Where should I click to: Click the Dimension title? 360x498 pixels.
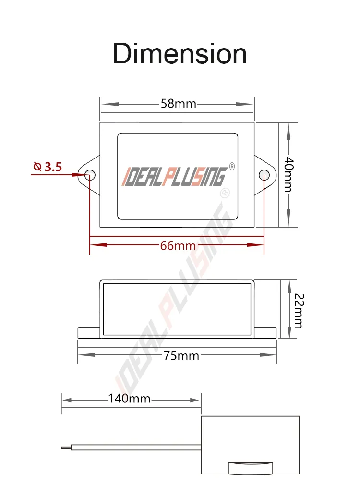click(180, 54)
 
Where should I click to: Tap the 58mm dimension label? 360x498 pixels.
click(178, 104)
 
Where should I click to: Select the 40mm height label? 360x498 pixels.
click(288, 174)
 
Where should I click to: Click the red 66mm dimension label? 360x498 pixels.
click(178, 245)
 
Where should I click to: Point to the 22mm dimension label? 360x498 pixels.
click(298, 310)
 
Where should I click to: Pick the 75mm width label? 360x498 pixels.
click(180, 355)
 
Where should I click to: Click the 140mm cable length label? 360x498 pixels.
click(129, 399)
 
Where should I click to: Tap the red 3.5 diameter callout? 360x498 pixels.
click(53, 167)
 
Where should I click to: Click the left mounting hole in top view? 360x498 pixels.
click(90, 175)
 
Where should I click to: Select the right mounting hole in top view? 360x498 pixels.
click(264, 175)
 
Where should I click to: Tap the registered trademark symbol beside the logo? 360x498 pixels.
click(232, 166)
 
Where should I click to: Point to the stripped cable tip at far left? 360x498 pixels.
click(65, 448)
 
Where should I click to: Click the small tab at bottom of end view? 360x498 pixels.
click(250, 468)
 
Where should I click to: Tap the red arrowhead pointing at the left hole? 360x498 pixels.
click(80, 175)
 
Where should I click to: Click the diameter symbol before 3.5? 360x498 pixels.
click(37, 167)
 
